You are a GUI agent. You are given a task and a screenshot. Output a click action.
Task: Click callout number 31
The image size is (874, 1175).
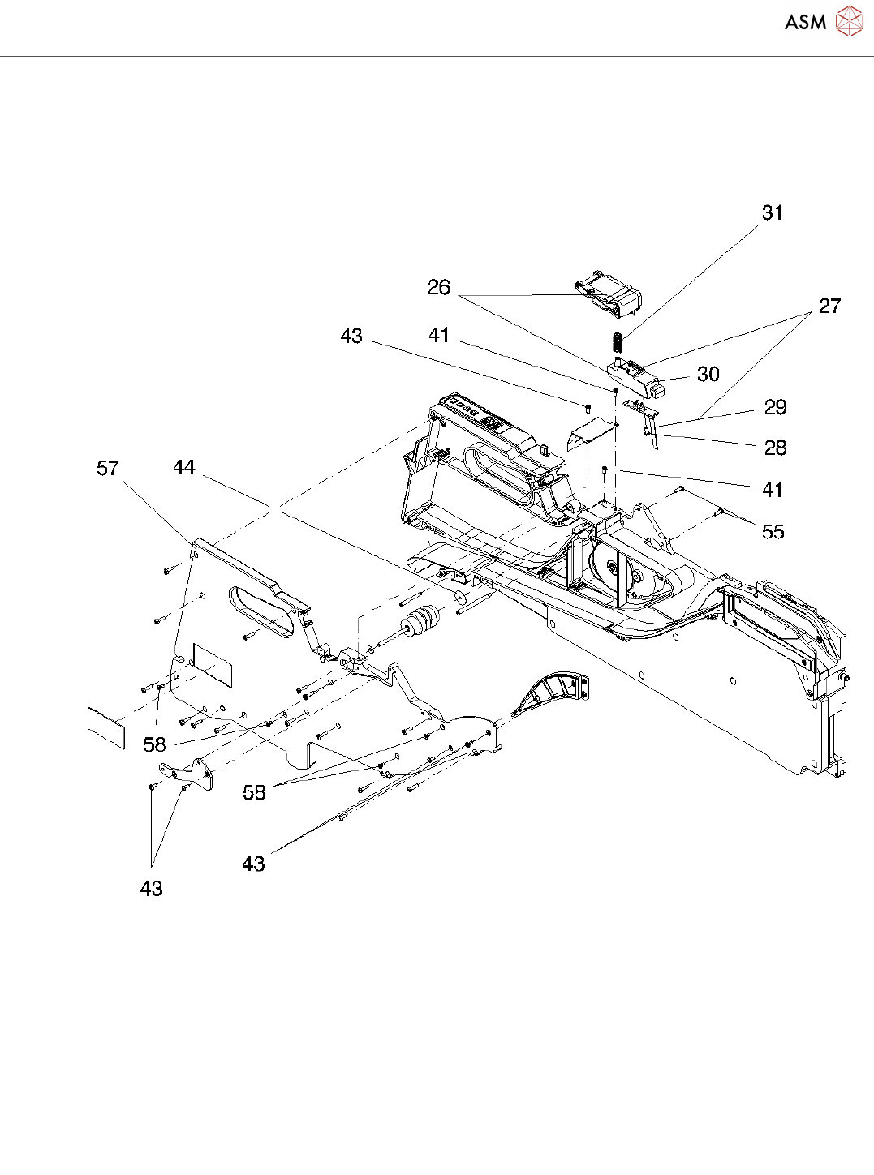pyautogui.click(x=772, y=213)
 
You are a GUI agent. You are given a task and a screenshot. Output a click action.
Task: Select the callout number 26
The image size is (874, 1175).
pyautogui.click(x=439, y=288)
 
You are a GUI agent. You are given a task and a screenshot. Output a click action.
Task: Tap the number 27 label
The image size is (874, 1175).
pyautogui.click(x=829, y=307)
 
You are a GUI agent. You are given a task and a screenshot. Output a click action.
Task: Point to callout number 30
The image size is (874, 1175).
pyautogui.click(x=708, y=375)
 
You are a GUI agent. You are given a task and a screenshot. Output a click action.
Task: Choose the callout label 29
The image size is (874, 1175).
pyautogui.click(x=775, y=408)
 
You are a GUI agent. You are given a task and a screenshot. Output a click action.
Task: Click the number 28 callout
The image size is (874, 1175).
pyautogui.click(x=775, y=448)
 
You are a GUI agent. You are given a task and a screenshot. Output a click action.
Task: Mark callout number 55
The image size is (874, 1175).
pyautogui.click(x=773, y=532)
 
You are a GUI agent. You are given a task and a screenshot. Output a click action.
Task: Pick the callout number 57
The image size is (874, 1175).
pyautogui.click(x=108, y=469)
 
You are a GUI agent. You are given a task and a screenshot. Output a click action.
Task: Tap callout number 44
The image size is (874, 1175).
pyautogui.click(x=184, y=468)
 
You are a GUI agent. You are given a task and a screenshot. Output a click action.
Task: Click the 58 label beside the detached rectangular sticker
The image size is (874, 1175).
pyautogui.click(x=154, y=744)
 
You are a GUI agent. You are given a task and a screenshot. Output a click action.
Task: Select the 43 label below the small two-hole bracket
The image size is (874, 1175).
pyautogui.click(x=152, y=890)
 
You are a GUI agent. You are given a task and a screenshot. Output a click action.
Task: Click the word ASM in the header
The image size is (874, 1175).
pyautogui.click(x=805, y=23)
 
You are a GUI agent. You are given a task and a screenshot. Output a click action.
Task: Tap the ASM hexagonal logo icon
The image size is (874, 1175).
pyautogui.click(x=850, y=22)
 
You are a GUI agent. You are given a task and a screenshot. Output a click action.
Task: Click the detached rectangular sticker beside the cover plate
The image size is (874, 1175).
pyautogui.click(x=106, y=727)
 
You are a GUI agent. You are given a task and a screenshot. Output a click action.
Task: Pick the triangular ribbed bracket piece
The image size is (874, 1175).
pyautogui.click(x=553, y=694)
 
